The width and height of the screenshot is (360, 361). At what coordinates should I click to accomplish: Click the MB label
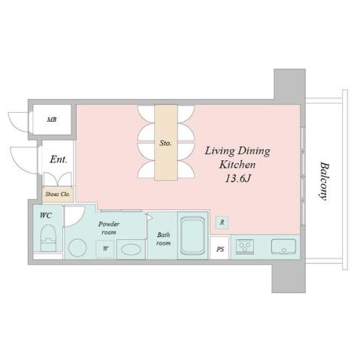point(52,120)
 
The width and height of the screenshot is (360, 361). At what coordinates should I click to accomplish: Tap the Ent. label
point(58,159)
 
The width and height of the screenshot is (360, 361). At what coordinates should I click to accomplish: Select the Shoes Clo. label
point(57,193)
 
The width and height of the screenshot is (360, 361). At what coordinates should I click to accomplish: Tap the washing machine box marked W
point(105,248)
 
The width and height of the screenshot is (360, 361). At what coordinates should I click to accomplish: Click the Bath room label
point(164,239)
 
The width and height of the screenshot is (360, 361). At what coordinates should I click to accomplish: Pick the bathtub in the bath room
point(192,238)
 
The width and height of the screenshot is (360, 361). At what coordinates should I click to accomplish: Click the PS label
point(220,249)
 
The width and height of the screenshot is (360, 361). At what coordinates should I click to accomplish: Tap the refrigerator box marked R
point(222,222)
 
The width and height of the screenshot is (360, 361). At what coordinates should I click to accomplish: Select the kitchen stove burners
point(246,246)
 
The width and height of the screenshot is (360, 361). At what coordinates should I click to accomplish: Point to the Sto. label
point(165,141)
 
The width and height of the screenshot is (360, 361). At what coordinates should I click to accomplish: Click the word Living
point(219,151)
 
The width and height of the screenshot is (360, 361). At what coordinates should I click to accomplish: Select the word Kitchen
point(237,164)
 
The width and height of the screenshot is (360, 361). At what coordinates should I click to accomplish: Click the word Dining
point(254,151)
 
